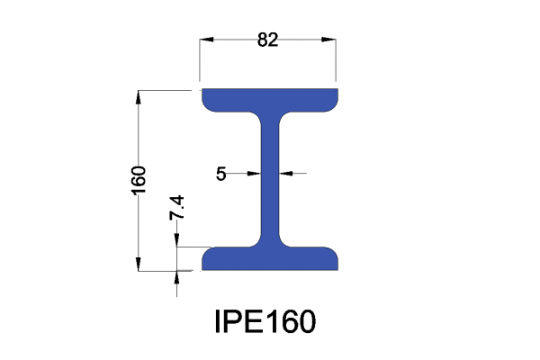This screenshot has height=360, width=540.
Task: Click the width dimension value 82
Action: (x=267, y=39)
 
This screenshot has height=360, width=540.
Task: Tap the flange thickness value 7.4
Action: (x=177, y=208)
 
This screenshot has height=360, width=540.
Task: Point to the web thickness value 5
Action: (x=221, y=174)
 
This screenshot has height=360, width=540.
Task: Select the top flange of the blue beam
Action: (x=269, y=98)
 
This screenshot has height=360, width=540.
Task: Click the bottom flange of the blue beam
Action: (x=269, y=259)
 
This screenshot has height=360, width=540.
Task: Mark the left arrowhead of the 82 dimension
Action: (x=205, y=40)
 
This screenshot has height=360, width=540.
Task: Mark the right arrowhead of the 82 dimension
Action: (x=331, y=40)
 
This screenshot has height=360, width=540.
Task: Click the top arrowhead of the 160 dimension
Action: (x=139, y=95)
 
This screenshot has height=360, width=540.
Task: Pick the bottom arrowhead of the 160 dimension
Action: (x=139, y=263)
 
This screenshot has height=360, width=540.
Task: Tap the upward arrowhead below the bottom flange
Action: (x=177, y=276)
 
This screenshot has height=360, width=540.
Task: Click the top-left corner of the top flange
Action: (x=202, y=90)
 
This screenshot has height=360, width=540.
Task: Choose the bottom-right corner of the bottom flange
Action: (x=337, y=268)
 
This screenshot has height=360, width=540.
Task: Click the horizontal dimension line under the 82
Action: (x=234, y=40)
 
